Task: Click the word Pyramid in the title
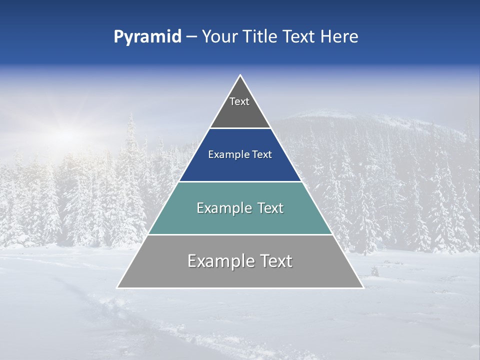pyautogui.click(x=147, y=37)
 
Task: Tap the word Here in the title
pyautogui.click(x=339, y=36)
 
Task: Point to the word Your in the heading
pyautogui.click(x=218, y=36)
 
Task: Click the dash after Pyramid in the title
pyautogui.click(x=191, y=37)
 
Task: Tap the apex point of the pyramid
pyautogui.click(x=240, y=75)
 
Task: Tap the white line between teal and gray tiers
pyautogui.click(x=240, y=234)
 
